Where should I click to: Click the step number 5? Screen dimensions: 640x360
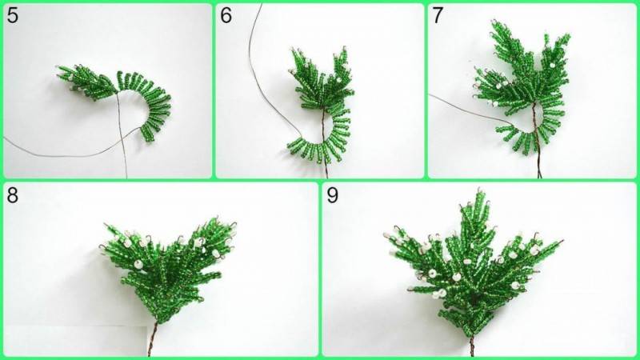tap(13, 15)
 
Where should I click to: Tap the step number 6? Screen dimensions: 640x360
tap(226, 15)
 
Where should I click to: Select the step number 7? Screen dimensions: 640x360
tap(437, 15)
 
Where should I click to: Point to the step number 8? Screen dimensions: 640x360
tap(13, 195)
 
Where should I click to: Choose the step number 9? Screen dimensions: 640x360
tap(332, 195)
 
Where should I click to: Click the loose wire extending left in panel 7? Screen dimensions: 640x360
tap(470, 107)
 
